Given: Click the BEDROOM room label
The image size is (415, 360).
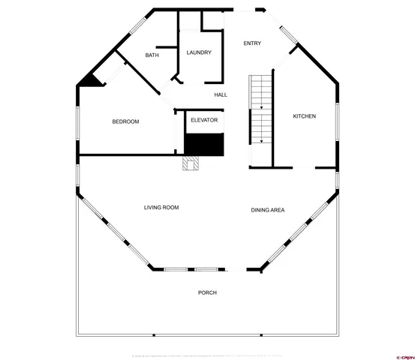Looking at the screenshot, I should pyautogui.click(x=125, y=121).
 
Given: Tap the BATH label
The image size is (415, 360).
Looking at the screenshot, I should pyautogui.click(x=152, y=55).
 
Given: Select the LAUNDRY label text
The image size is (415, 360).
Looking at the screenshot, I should pyautogui.click(x=199, y=52).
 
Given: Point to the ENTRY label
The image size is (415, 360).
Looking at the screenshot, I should pyautogui.click(x=252, y=43).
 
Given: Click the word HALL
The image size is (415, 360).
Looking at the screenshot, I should pyautogui.click(x=221, y=94).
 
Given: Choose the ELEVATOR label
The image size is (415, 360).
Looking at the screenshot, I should pyautogui.click(x=204, y=120).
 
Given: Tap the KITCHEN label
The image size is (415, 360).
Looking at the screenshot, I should pyautogui.click(x=304, y=116).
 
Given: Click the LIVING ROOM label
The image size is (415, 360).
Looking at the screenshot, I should pyautogui.click(x=161, y=207).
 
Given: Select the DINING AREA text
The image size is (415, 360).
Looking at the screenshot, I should pyautogui.click(x=267, y=210).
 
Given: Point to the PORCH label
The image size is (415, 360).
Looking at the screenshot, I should pyautogui.click(x=207, y=292).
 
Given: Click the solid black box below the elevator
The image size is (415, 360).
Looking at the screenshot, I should pyautogui.click(x=205, y=145).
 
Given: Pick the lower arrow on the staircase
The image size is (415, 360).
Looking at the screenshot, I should pyautogui.click(x=261, y=139).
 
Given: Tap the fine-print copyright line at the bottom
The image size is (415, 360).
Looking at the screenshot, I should pyautogui.click(x=207, y=352).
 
